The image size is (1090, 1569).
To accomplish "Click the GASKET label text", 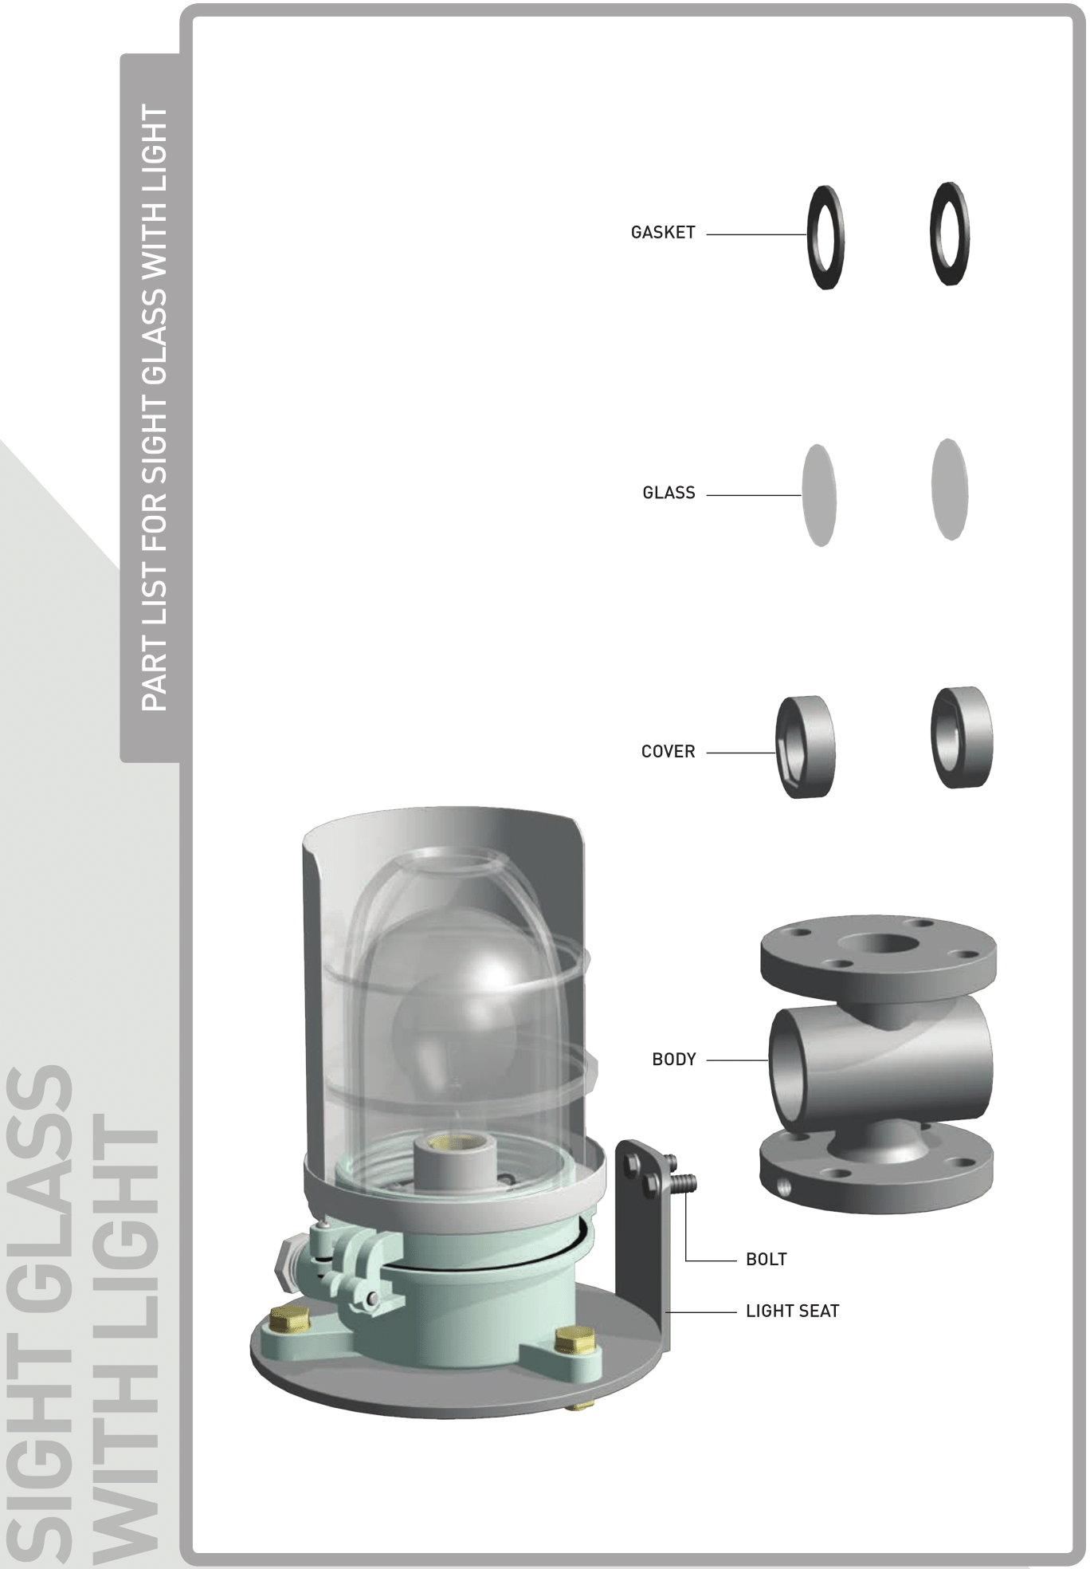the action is (663, 233).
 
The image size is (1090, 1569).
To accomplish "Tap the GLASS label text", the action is (669, 494).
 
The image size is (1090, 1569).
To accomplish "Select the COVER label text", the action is (668, 752).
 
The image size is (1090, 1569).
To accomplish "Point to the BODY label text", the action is (674, 1060).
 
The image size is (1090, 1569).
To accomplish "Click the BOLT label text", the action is (767, 1260).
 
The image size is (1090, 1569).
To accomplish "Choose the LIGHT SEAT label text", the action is (793, 1311).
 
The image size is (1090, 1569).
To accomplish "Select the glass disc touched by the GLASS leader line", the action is (819, 495).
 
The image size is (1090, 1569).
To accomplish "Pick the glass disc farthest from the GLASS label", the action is (949, 489).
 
